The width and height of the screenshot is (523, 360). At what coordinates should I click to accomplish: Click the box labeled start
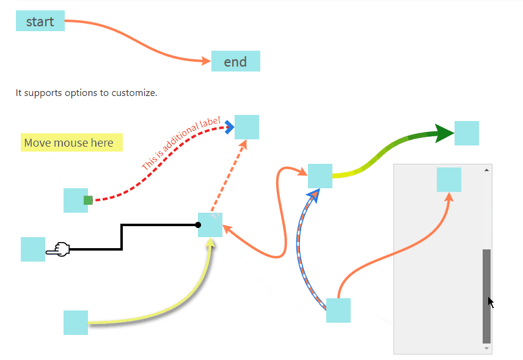pyautogui.click(x=40, y=21)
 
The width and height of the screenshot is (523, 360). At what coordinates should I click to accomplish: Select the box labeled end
pyautogui.click(x=235, y=61)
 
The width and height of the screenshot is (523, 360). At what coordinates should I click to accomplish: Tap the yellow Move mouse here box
pyautogui.click(x=71, y=142)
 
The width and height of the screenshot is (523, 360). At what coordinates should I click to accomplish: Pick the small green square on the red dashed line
pyautogui.click(x=88, y=200)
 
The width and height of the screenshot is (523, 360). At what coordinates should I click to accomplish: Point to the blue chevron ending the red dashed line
pyautogui.click(x=229, y=127)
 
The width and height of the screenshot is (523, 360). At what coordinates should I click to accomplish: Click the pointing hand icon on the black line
pyautogui.click(x=59, y=249)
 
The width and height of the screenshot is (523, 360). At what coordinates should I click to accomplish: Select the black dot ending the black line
pyautogui.click(x=198, y=225)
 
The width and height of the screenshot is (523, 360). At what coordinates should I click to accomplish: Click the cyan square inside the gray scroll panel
pyautogui.click(x=449, y=180)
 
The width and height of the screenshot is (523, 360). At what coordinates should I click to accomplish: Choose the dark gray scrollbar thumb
pyautogui.click(x=487, y=296)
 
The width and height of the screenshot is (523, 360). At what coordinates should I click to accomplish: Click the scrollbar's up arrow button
pyautogui.click(x=487, y=169)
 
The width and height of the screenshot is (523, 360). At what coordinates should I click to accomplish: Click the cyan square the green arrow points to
pyautogui.click(x=467, y=133)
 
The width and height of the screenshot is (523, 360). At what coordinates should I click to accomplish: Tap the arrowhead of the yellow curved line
pyautogui.click(x=210, y=243)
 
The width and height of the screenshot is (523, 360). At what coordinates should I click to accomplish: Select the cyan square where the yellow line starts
pyautogui.click(x=76, y=323)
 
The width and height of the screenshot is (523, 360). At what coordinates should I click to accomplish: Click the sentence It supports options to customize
pyautogui.click(x=87, y=94)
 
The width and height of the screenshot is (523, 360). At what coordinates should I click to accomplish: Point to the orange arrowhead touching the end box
pyautogui.click(x=206, y=61)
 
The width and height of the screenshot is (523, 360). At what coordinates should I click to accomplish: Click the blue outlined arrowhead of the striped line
pyautogui.click(x=314, y=195)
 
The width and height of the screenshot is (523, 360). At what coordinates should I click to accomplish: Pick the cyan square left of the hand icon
pyautogui.click(x=33, y=249)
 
